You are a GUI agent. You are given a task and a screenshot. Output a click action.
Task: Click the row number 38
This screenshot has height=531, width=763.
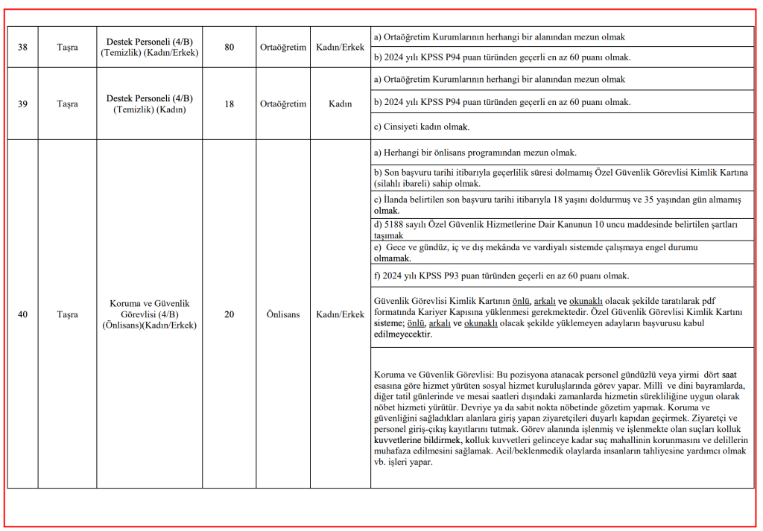click(22, 48)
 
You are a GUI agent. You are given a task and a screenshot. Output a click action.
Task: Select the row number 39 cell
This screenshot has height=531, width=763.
click(22, 104)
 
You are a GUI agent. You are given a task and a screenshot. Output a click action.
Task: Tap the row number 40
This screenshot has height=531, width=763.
click(22, 314)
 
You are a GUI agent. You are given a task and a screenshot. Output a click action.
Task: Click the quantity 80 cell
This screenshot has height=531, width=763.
click(229, 48)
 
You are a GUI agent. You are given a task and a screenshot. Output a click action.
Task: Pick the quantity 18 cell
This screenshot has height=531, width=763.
click(229, 104)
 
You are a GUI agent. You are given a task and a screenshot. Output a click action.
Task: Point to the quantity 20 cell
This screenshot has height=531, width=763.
click(229, 314)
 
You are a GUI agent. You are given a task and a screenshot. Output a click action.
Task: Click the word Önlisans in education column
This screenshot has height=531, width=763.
click(283, 314)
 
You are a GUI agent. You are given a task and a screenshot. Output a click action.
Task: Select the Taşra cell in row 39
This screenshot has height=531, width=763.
click(67, 104)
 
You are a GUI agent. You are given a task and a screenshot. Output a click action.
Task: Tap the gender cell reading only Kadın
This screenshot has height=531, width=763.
click(340, 104)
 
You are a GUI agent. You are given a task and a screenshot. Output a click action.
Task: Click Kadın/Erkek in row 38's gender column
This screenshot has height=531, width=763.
click(340, 48)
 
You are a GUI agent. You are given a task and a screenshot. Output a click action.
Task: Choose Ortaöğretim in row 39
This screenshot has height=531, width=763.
click(283, 104)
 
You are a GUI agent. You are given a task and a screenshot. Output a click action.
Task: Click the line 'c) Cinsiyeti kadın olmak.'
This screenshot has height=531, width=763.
click(421, 127)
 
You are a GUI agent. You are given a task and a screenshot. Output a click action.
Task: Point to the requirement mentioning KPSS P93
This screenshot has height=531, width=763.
click(501, 276)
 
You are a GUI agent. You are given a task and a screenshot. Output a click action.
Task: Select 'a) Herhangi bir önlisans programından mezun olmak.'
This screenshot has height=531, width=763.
click(475, 153)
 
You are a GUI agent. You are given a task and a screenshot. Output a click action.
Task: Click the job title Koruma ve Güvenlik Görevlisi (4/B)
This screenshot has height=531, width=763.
click(149, 314)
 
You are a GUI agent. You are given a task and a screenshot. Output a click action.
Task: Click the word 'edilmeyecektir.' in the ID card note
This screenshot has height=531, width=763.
click(402, 334)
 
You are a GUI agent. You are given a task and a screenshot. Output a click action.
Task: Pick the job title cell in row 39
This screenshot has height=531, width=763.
click(149, 104)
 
